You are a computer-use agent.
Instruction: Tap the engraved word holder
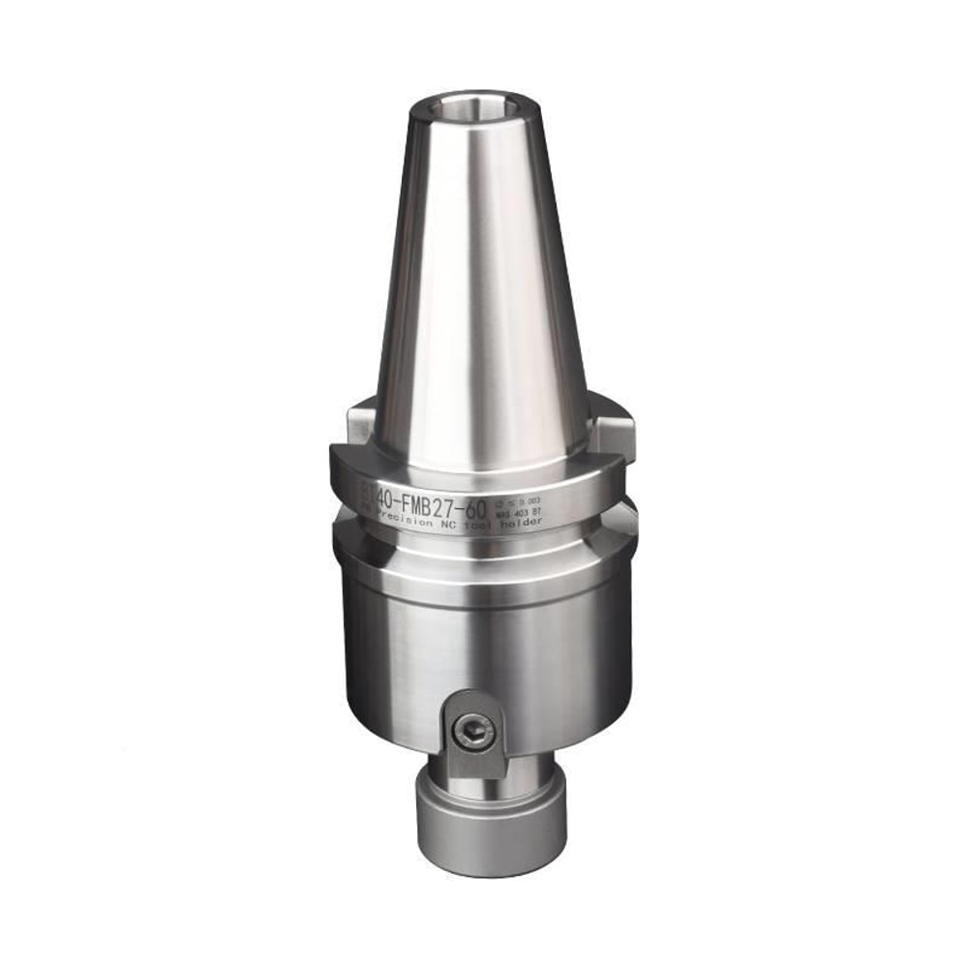click(x=521, y=522)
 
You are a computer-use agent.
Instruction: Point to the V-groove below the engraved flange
click(x=484, y=542)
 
